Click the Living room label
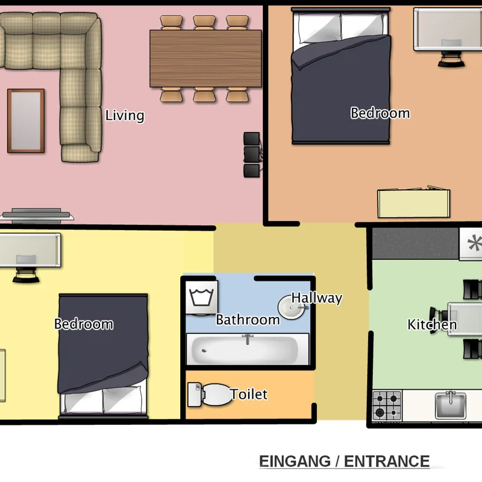click(x=125, y=116)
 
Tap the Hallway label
click(x=317, y=298)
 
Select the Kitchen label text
click(x=432, y=325)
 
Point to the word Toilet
click(x=249, y=394)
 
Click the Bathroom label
click(x=248, y=320)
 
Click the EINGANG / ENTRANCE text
click(x=344, y=461)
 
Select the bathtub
click(x=248, y=349)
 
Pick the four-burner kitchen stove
click(x=387, y=405)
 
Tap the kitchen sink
click(x=450, y=405)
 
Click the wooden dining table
click(x=205, y=58)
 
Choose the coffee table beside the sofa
click(x=26, y=121)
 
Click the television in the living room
click(x=37, y=216)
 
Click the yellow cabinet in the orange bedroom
click(x=414, y=203)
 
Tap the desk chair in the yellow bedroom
click(x=26, y=275)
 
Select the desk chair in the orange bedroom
click(x=451, y=58)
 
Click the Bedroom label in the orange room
click(x=380, y=113)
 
